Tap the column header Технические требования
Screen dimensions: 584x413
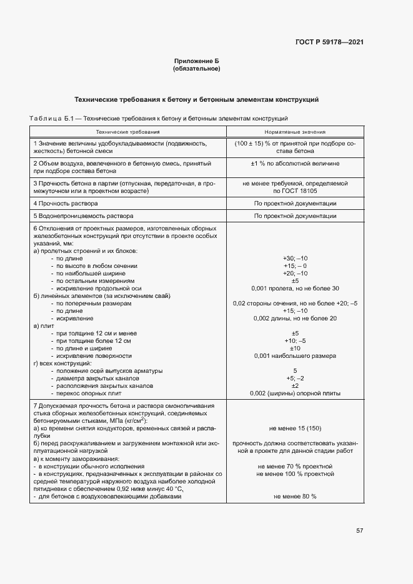tap(127, 132)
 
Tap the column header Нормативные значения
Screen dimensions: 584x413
tap(295, 132)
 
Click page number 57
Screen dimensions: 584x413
tap(359, 530)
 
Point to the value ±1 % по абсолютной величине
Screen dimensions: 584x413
tap(295, 163)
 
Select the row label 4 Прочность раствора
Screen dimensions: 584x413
tap(66, 204)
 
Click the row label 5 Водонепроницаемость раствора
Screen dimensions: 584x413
tap(80, 215)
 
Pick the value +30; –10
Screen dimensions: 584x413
tap(295, 258)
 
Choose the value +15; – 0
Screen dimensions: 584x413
tap(295, 265)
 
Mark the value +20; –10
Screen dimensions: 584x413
tap(295, 273)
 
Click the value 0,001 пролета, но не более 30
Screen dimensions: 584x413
tap(295, 288)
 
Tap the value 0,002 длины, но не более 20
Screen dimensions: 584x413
tap(295, 318)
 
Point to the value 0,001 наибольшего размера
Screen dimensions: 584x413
tap(295, 355)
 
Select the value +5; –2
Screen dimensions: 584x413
tap(295, 378)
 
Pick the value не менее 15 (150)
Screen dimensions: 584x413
tap(295, 428)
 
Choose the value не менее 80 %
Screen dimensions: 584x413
tap(295, 496)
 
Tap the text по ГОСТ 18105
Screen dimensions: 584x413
tap(295, 191)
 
